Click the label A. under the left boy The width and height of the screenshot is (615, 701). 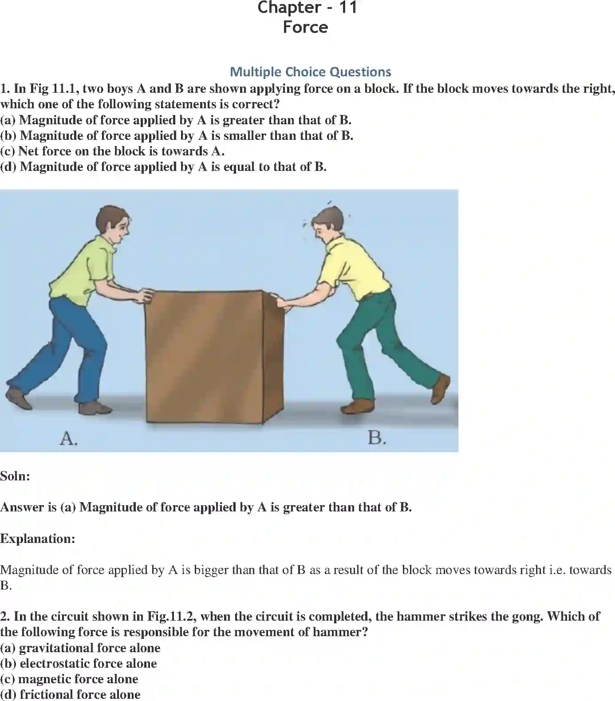click(x=68, y=439)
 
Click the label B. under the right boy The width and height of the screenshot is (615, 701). click(x=377, y=438)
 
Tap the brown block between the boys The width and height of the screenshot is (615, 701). click(x=205, y=355)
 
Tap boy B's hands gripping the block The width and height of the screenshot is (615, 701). click(x=282, y=302)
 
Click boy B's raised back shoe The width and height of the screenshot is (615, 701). click(x=441, y=388)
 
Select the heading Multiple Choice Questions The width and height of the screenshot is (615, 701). click(x=310, y=71)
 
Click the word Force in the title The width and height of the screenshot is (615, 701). click(x=306, y=27)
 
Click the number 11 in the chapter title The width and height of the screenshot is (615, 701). click(x=347, y=8)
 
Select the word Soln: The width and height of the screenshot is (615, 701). click(x=15, y=476)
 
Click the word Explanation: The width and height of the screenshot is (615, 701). click(x=38, y=539)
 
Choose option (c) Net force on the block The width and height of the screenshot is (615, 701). click(x=112, y=151)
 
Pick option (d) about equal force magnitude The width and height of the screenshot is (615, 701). click(x=163, y=166)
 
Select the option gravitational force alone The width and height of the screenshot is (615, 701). click(x=80, y=648)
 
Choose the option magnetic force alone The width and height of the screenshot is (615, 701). click(x=69, y=679)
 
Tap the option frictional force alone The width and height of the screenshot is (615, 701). click(x=70, y=694)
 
